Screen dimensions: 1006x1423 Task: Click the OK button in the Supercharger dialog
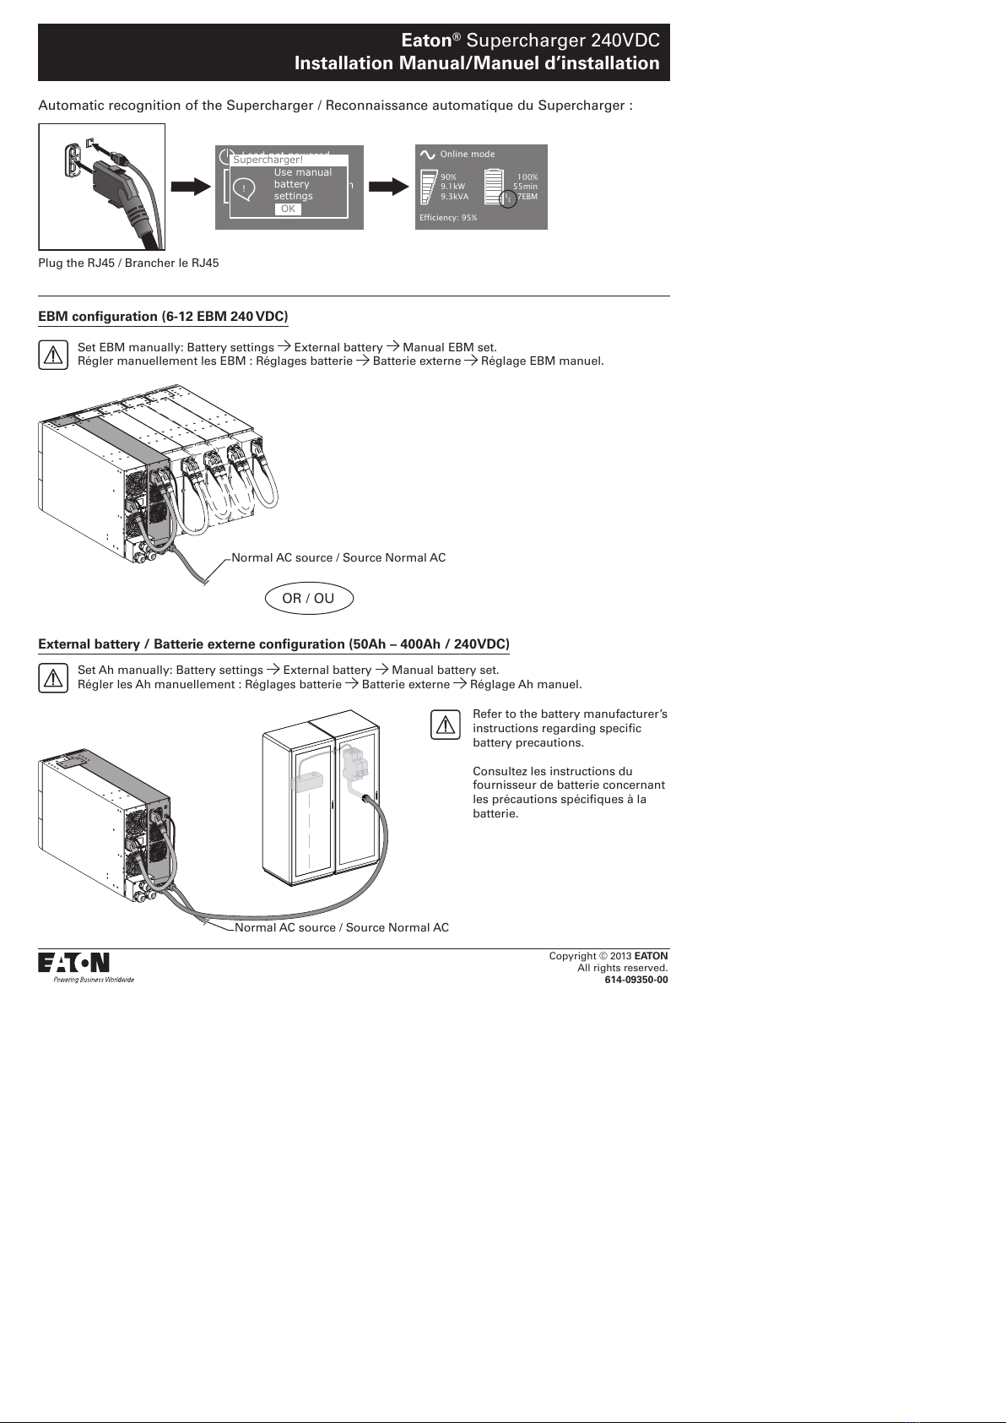click(x=288, y=209)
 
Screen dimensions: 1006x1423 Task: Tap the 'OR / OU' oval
click(x=308, y=599)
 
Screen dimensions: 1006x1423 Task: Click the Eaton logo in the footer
click(x=73, y=963)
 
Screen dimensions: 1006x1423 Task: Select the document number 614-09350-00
click(x=636, y=980)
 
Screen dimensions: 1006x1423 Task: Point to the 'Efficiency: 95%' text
click(x=448, y=218)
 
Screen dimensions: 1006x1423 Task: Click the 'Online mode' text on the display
click(x=468, y=155)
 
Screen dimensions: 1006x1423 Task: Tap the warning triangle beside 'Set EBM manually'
click(x=53, y=355)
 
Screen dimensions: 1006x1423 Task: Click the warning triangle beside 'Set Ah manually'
click(x=53, y=678)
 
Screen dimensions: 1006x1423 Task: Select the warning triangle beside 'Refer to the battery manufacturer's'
click(x=446, y=725)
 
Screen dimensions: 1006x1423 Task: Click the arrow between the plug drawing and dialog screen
click(x=191, y=187)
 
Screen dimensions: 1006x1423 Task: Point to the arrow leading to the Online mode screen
click(x=389, y=187)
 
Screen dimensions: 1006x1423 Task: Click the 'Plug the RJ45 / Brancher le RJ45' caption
click(x=128, y=263)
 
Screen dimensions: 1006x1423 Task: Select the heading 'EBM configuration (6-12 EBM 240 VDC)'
click(x=163, y=317)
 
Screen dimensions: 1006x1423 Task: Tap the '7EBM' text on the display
click(x=527, y=197)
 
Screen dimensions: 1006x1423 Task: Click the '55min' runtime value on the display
click(x=526, y=187)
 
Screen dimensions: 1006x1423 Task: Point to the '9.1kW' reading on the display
click(x=453, y=187)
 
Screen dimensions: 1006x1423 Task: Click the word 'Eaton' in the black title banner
click(x=426, y=41)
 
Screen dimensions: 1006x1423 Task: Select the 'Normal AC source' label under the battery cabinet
click(x=340, y=927)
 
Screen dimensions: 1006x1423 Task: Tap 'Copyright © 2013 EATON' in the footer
click(x=608, y=956)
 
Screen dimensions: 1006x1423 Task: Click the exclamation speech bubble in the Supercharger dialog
click(x=245, y=188)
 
